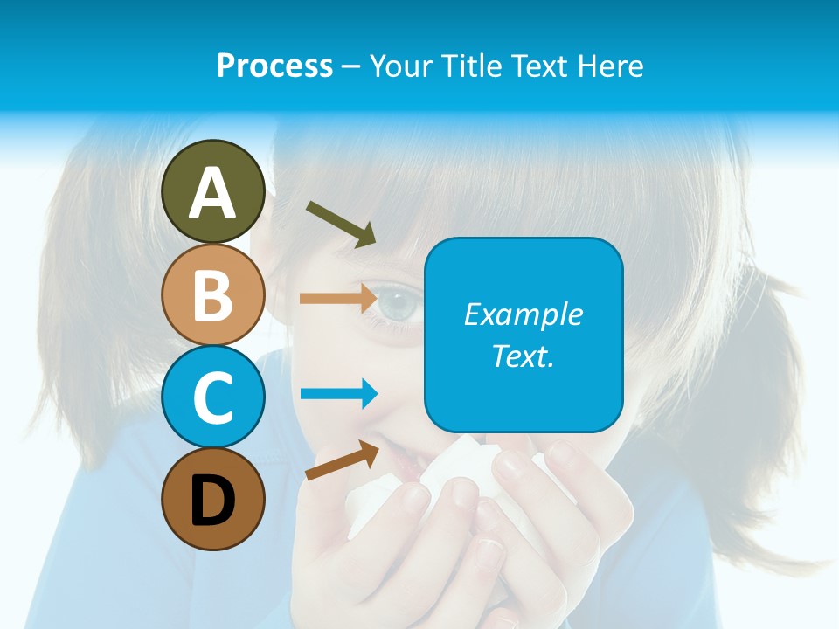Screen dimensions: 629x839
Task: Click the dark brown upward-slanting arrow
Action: tap(342, 461)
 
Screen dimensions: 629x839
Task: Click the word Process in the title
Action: tap(274, 66)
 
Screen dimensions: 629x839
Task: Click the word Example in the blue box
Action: tap(524, 314)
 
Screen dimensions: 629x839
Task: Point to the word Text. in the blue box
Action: tap(524, 356)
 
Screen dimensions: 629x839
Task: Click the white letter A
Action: tap(212, 193)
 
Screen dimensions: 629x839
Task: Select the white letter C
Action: tap(212, 397)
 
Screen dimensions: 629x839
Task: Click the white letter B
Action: tap(212, 295)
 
